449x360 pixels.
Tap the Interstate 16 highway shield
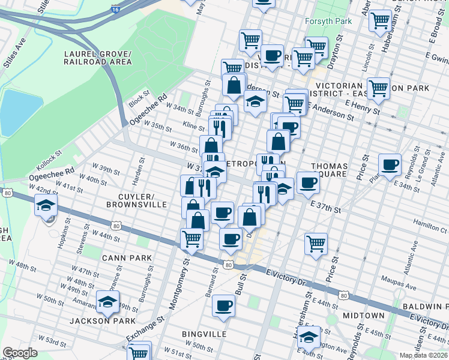pos(115,9)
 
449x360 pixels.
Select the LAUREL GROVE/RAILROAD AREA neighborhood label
pos(98,58)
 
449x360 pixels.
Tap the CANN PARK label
pos(127,257)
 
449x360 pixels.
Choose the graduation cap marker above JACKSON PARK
pos(107,302)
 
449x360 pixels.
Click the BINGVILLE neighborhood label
pos(205,333)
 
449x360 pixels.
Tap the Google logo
pos(20,353)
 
